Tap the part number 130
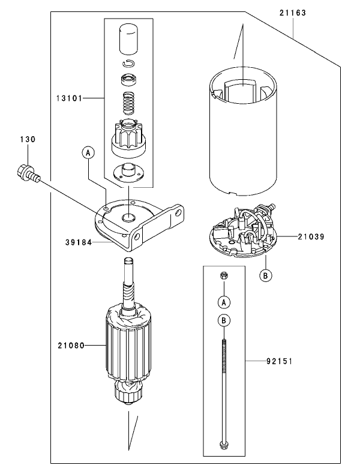point(28,139)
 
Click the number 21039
point(310,237)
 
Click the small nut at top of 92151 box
point(224,276)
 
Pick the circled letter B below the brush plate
point(265,275)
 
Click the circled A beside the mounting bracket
point(88,153)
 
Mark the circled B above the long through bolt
point(224,320)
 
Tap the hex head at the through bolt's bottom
point(224,445)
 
